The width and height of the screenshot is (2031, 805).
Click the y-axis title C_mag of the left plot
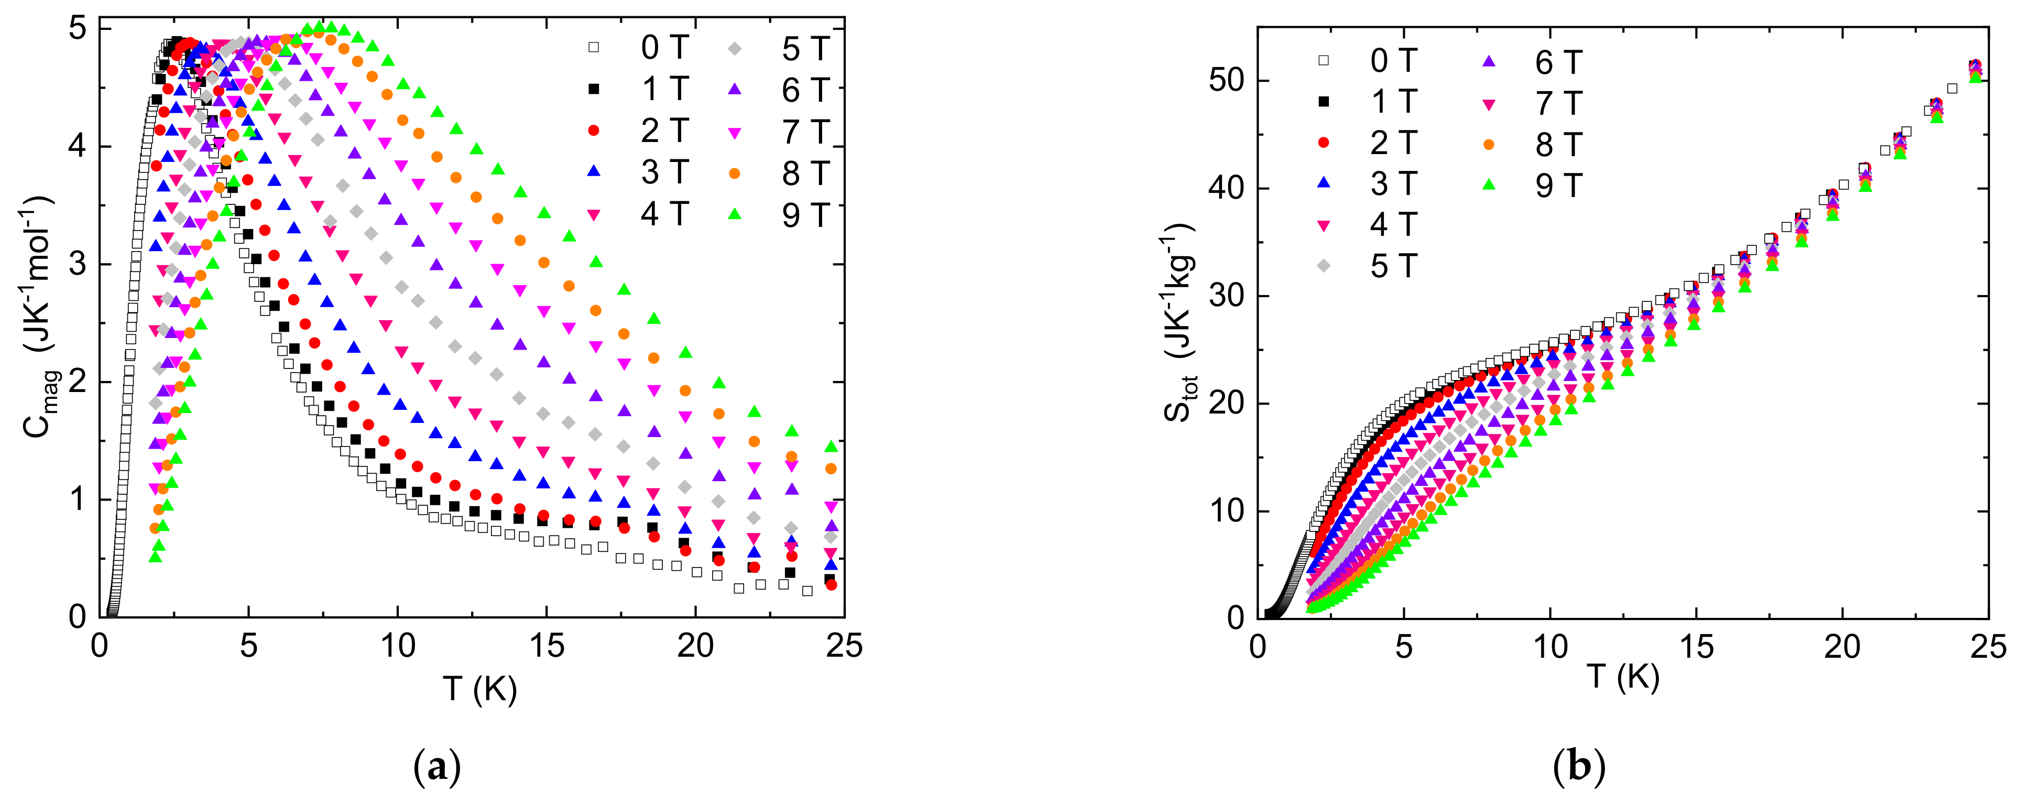[39, 316]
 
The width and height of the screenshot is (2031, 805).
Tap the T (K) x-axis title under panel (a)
[479, 689]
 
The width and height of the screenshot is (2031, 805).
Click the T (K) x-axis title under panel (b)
[1623, 677]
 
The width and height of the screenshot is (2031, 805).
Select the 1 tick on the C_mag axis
[77, 499]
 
